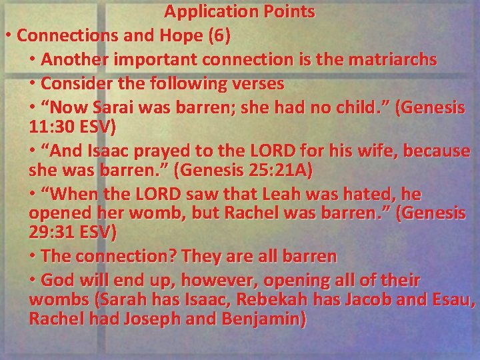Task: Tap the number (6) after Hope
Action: pos(219,35)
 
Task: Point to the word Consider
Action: pos(73,84)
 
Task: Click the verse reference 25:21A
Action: pos(273,170)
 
